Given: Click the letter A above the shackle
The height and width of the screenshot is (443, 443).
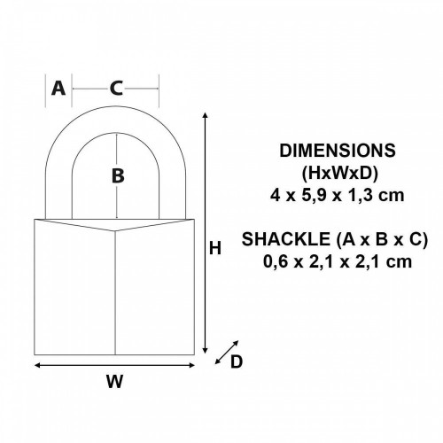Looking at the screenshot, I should pos(58,88).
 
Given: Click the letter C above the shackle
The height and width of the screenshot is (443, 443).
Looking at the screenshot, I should pos(116,88).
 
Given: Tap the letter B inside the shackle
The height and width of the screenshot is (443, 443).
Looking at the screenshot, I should pos(117,175).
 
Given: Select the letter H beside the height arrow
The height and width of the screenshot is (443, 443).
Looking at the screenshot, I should pos(214,249).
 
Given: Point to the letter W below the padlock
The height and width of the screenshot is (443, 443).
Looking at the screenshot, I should pos(114,383).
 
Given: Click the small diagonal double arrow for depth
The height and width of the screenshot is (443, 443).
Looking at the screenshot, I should pos(227,351).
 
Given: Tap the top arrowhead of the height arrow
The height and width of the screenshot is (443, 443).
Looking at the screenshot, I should pos(206,117).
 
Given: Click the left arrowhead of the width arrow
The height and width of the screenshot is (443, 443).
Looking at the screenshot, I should pos(38,363).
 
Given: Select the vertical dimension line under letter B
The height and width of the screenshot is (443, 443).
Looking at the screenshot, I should pos(116,200).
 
